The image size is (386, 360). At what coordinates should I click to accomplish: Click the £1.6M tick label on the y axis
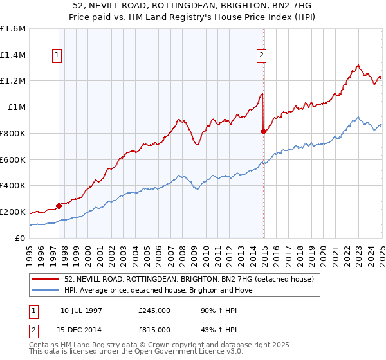coord(14,29)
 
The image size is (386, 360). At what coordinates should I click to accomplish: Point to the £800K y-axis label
coord(13,133)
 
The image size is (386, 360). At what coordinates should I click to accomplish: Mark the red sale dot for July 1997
coord(59,206)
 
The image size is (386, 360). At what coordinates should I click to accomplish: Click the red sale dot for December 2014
coord(263,131)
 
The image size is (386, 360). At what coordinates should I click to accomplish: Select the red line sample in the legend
coord(46,279)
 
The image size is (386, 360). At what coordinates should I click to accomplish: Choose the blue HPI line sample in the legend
coord(46,290)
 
